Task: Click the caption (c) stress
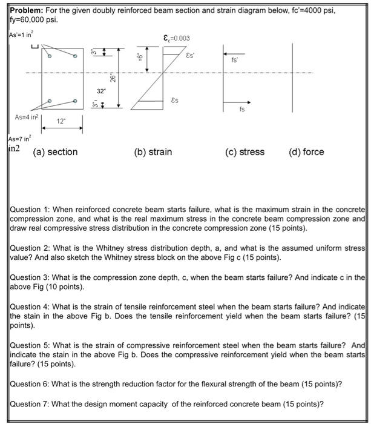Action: (244, 152)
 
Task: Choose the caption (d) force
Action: (306, 152)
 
